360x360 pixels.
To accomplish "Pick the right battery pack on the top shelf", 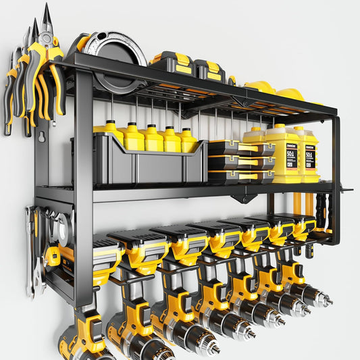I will [207, 69].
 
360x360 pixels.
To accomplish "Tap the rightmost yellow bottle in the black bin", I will [188, 140].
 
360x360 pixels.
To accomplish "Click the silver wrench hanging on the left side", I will [30, 250].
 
